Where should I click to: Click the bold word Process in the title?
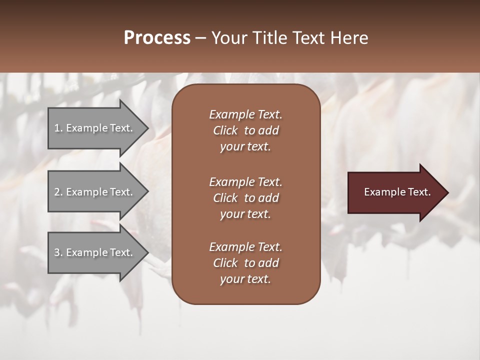pos(157,38)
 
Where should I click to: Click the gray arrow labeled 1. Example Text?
pos(95,128)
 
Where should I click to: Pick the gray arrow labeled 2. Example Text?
pos(95,192)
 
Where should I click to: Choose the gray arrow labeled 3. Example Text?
pos(95,252)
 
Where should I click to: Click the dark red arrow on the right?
pos(395,192)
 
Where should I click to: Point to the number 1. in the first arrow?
pos(58,128)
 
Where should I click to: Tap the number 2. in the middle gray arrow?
pos(58,192)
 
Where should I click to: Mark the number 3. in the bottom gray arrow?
pos(58,252)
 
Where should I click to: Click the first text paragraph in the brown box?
pos(245,130)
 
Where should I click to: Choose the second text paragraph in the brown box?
pos(245,197)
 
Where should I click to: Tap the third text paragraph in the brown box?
pos(245,263)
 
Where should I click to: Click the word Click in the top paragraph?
pos(225,130)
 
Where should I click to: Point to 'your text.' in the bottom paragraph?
pos(245,279)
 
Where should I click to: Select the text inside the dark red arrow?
pos(397,192)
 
